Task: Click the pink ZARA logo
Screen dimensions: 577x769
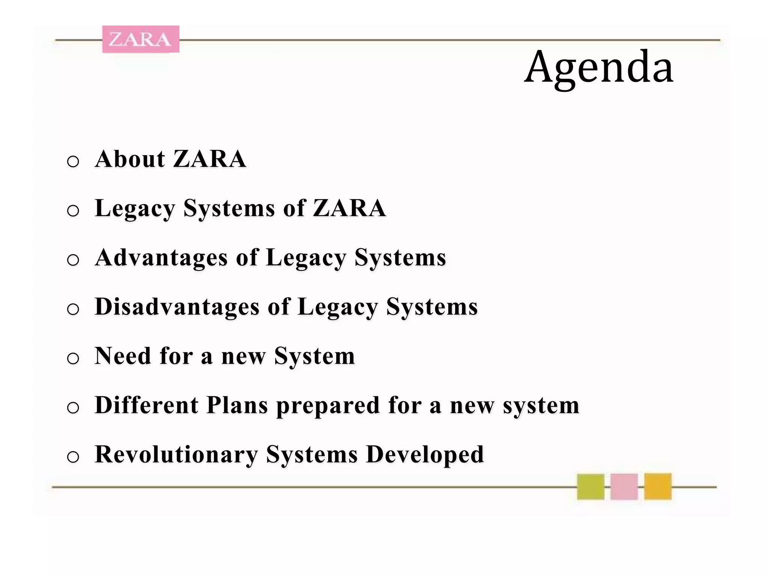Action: point(141,39)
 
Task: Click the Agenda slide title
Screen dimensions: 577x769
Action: point(599,68)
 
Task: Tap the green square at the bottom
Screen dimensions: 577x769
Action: point(591,486)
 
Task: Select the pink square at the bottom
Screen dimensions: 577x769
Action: point(624,486)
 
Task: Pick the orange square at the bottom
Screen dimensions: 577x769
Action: point(657,486)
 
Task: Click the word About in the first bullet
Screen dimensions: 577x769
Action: point(130,159)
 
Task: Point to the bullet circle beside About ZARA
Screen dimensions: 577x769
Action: point(73,162)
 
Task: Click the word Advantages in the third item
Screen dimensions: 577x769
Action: point(161,258)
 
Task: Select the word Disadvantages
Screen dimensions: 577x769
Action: point(177,307)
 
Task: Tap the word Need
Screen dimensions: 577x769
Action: point(123,356)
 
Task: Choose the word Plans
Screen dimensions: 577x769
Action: point(237,406)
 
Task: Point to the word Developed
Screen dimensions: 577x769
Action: point(425,455)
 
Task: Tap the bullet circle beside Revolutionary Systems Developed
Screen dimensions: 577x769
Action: point(73,457)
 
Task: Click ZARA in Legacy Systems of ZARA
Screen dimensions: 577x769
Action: point(349,208)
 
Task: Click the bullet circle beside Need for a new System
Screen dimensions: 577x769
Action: point(73,358)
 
